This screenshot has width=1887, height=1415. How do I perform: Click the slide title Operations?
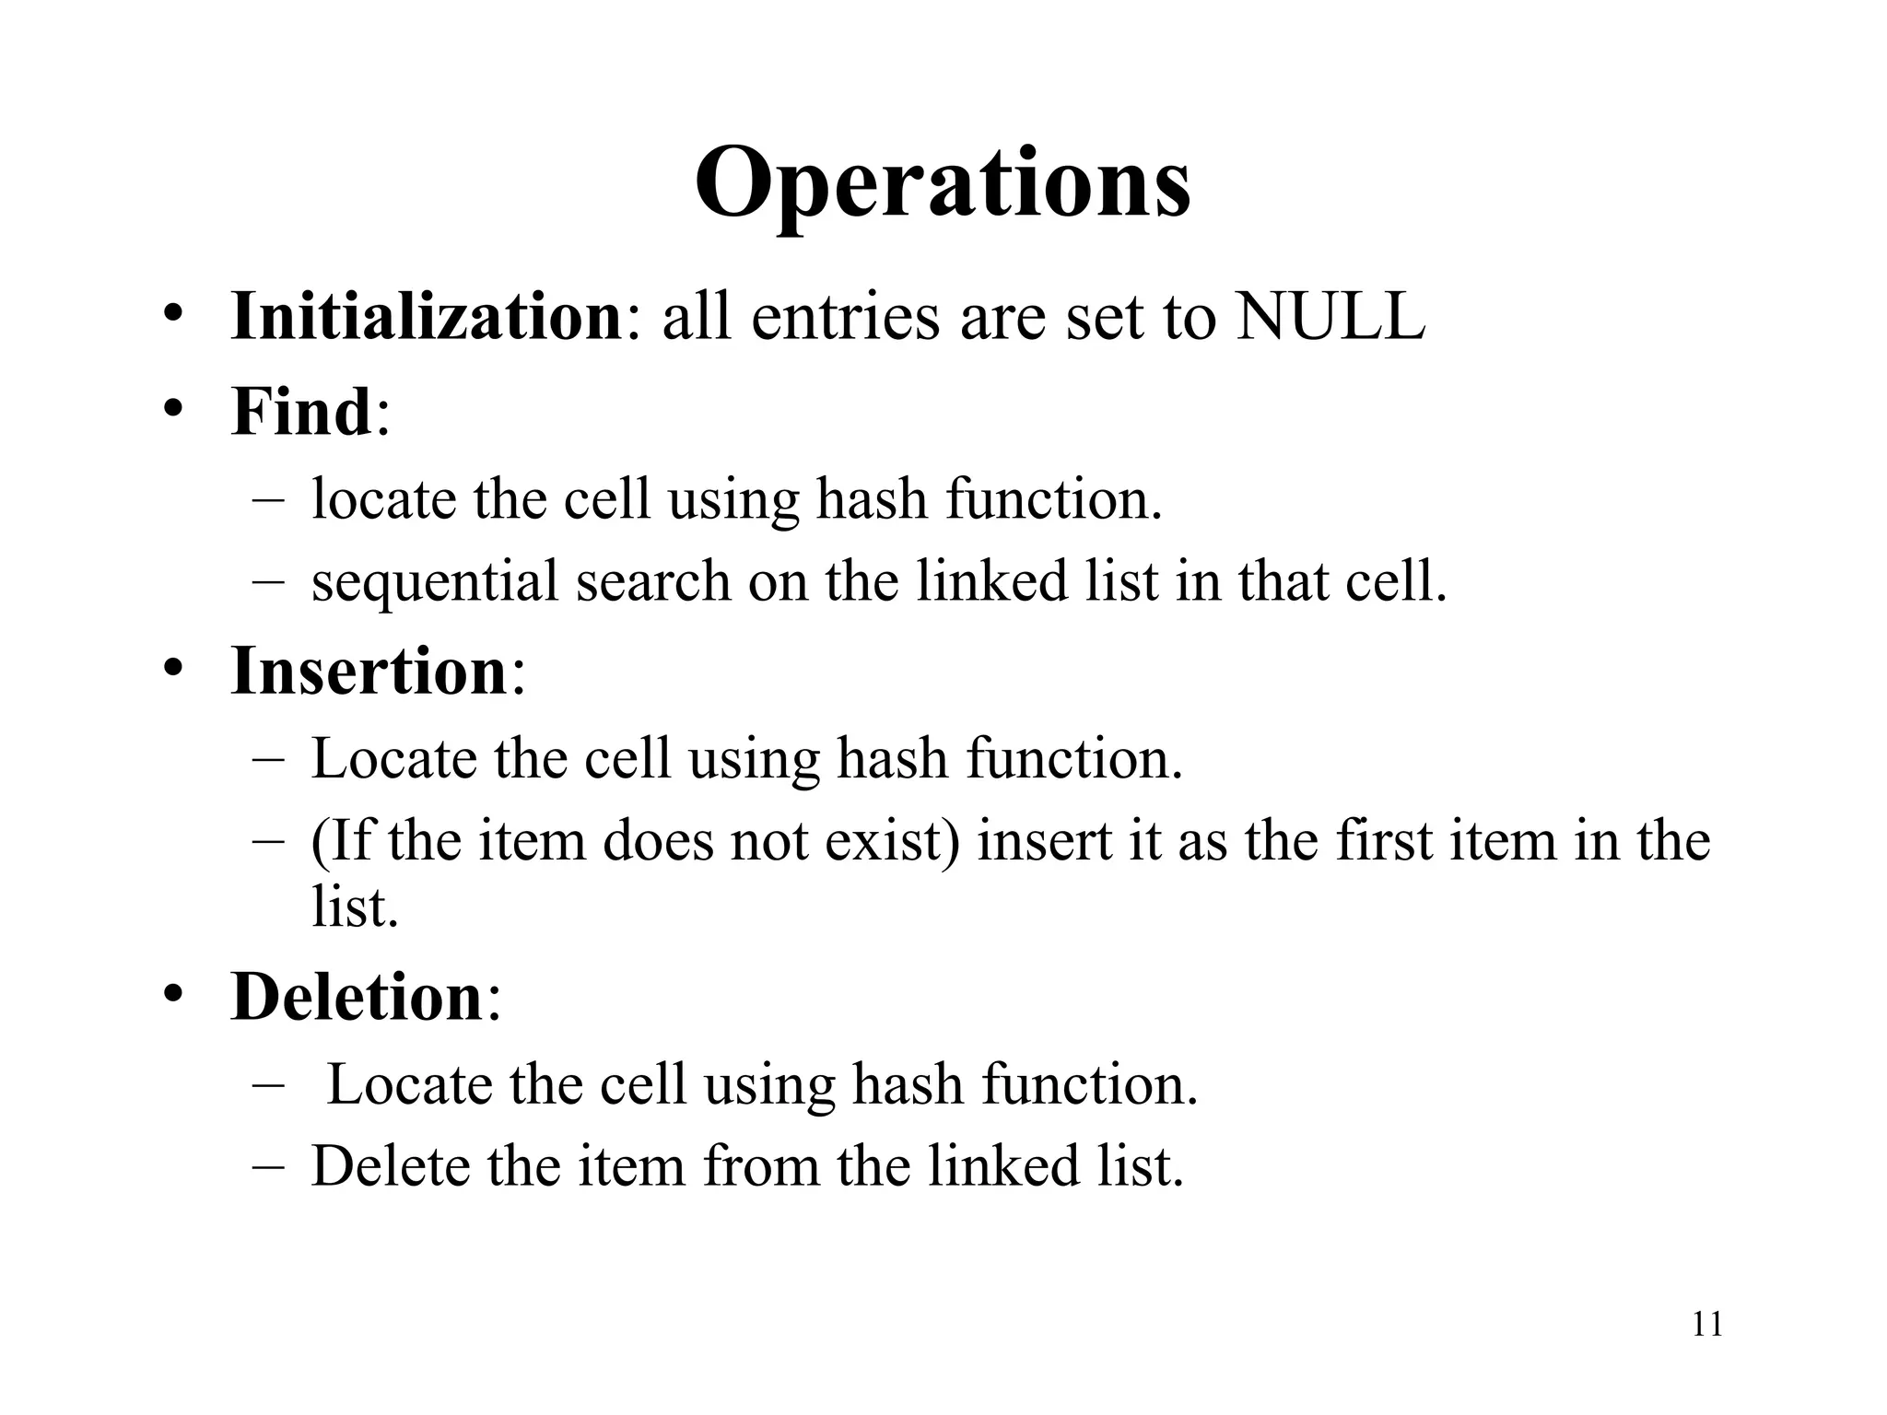(942, 184)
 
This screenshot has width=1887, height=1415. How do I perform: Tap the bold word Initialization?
(427, 317)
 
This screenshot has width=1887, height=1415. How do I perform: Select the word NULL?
(1330, 317)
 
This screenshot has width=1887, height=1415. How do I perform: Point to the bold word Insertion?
(369, 671)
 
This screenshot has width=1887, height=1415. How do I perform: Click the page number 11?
(1707, 1325)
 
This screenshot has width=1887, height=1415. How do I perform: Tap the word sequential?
(435, 582)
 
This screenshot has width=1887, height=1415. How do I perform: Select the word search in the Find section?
(653, 582)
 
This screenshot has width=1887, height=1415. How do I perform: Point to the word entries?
(847, 317)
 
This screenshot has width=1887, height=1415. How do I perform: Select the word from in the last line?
(761, 1166)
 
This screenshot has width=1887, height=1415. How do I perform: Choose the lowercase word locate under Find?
(384, 499)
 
